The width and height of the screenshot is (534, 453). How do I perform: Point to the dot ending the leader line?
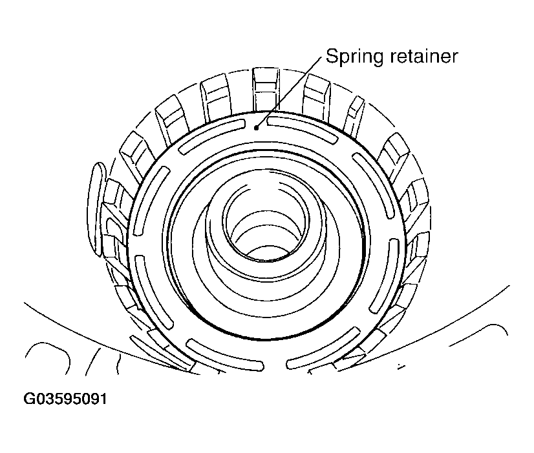(257, 128)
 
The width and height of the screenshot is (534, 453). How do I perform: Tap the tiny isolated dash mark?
(401, 367)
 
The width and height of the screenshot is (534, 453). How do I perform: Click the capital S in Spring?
(332, 56)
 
